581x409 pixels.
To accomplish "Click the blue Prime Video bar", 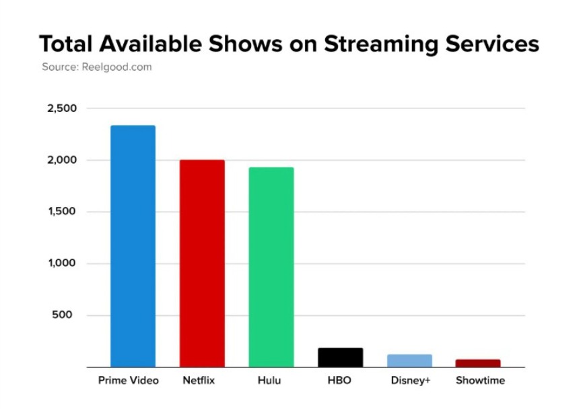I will (133, 246).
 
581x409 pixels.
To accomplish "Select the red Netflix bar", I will (202, 263).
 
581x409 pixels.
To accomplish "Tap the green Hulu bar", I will (271, 267).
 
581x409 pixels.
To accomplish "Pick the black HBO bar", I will (341, 357).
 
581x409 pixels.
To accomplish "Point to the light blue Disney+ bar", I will (409, 360).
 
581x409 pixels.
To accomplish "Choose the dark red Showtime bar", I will (478, 363).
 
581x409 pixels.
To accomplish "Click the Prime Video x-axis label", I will (129, 381).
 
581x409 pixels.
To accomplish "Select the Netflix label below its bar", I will (199, 381).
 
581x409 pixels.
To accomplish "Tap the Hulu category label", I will (269, 381).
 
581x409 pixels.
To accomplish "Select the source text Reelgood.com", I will (116, 67).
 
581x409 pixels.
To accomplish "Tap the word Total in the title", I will (65, 44).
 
